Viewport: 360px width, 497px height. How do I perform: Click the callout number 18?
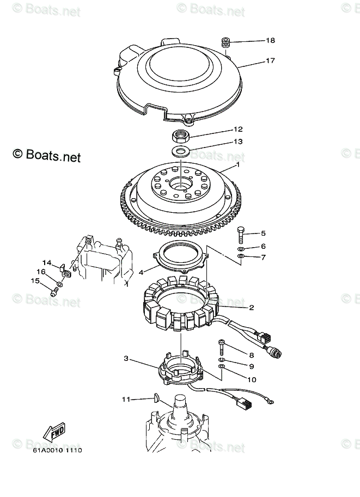[271, 40]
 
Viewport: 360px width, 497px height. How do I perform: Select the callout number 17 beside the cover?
[271, 61]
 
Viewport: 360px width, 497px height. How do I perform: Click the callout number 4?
[141, 272]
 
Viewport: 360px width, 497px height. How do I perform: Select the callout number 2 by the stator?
[252, 308]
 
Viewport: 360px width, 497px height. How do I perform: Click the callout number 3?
[126, 359]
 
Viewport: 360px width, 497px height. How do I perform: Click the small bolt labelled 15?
[54, 292]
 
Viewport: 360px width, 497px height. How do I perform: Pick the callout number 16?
[41, 272]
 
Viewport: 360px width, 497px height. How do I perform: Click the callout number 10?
[252, 379]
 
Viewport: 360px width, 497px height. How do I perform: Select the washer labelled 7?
[241, 256]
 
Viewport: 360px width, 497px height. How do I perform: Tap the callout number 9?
[252, 366]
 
